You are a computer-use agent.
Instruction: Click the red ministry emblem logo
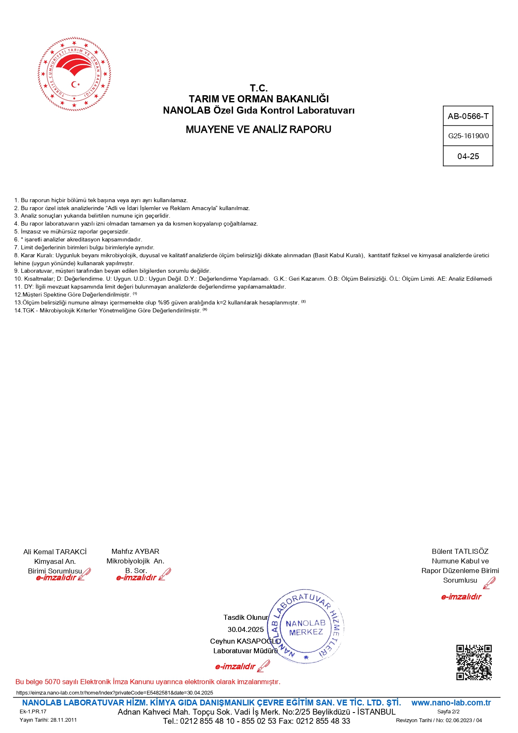74,74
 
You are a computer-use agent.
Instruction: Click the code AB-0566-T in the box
468,116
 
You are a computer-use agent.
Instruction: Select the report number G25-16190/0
468,136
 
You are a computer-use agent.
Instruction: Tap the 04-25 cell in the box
468,156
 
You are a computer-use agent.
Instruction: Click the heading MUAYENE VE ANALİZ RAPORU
258,129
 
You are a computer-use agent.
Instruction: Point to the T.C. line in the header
259,88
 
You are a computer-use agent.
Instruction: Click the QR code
474,662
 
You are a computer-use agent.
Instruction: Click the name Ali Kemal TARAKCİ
55,552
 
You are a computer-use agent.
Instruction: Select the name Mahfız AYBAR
135,551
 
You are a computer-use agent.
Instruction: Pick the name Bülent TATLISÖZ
460,551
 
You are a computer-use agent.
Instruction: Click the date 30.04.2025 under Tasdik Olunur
246,629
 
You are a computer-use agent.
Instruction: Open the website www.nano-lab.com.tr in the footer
451,703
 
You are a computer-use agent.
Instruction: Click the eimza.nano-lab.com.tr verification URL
114,692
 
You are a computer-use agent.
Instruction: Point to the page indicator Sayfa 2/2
448,711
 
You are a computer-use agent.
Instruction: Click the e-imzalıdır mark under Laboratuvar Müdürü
235,667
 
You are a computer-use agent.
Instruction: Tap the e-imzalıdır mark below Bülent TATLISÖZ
461,597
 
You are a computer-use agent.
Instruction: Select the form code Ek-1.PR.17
33,711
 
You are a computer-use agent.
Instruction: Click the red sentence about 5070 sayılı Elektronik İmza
148,682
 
